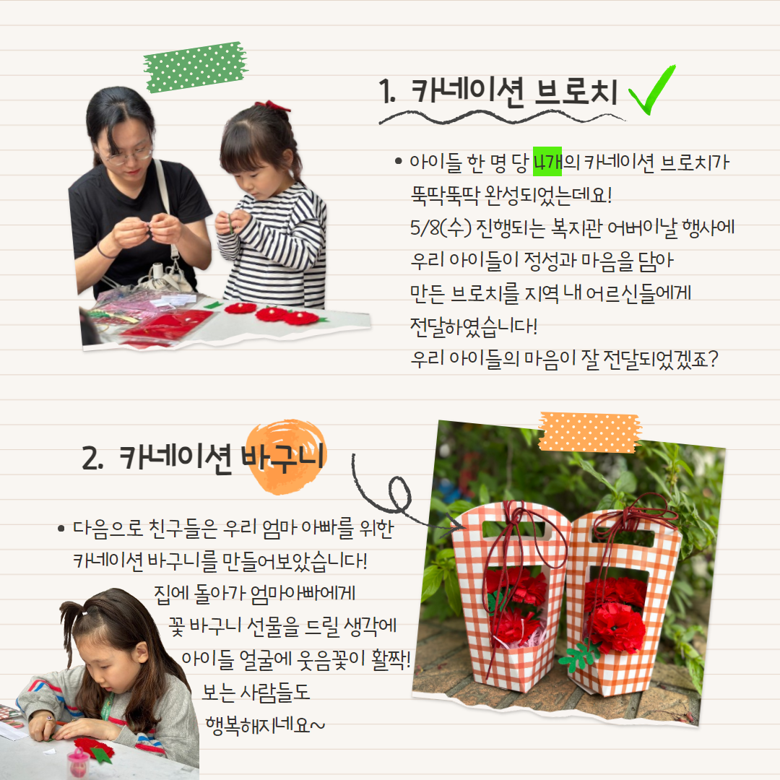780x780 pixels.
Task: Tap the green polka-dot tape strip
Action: (196, 67)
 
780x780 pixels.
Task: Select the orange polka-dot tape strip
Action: (589, 432)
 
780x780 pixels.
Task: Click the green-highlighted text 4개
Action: (547, 162)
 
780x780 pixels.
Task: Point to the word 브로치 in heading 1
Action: (576, 92)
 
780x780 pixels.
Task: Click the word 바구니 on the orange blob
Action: (282, 456)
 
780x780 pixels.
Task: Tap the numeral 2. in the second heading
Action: (92, 458)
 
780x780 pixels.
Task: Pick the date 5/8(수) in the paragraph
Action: (441, 227)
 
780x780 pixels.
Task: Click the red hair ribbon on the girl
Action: (272, 105)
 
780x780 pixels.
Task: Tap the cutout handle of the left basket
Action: (517, 530)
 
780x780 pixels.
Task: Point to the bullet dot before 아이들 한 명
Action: (398, 161)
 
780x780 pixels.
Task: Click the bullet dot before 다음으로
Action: (61, 528)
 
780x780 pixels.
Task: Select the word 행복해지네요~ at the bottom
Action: (265, 725)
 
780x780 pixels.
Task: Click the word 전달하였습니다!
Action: (474, 326)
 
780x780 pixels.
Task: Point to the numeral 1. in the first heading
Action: (387, 92)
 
